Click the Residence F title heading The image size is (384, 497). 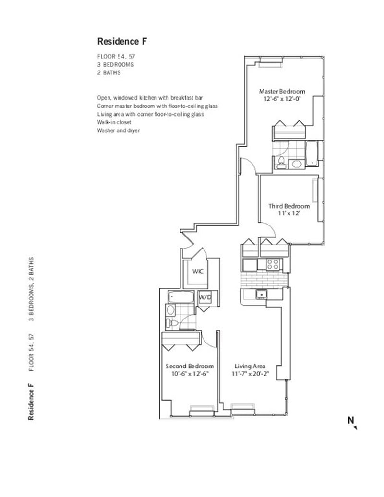point(122,42)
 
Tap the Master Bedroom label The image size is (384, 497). point(282,91)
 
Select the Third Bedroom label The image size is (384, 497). point(289,206)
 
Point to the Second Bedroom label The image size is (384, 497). point(190,366)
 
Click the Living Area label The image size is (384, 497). point(250,366)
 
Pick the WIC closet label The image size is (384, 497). point(198,272)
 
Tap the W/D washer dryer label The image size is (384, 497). point(205,297)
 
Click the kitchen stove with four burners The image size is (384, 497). point(273,264)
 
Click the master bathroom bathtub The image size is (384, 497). point(312,154)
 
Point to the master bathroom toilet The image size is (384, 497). point(281,162)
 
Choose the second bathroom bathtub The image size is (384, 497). point(181,297)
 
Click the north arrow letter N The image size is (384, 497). point(351,420)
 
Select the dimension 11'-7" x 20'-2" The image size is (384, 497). point(250,374)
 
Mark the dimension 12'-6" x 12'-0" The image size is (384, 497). point(282,99)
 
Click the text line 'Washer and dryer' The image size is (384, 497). point(118,130)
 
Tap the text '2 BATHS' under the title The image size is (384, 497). point(109,72)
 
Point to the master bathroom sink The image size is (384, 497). point(297,164)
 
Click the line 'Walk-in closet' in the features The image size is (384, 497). point(114,122)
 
